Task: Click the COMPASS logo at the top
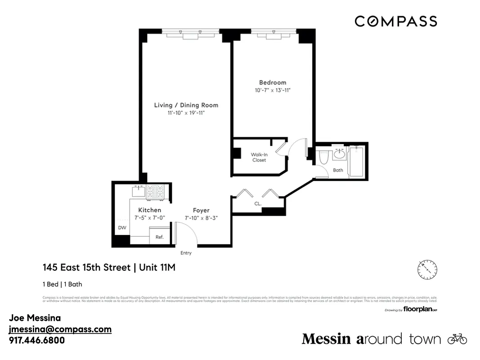pos(395,21)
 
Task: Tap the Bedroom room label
pos(272,82)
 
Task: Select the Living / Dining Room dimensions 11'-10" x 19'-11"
pos(186,113)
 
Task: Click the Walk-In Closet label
pos(259,157)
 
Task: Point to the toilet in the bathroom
pos(323,158)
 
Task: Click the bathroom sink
pos(339,155)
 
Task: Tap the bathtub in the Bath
pos(358,161)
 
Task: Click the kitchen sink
pos(138,191)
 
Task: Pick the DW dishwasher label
pos(122,228)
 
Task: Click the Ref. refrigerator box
pos(159,236)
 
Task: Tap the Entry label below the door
pos(186,253)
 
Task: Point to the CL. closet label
pos(258,203)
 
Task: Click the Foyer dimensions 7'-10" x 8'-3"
pos(201,218)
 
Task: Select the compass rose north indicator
pos(427,269)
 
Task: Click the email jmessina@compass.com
pos(60,329)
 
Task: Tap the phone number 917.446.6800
pos(37,340)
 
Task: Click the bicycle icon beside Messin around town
pos(457,339)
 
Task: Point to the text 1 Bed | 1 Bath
pos(62,284)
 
